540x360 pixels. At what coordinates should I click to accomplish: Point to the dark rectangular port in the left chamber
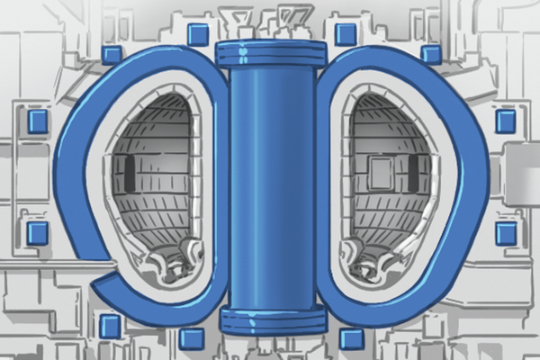click(x=130, y=175)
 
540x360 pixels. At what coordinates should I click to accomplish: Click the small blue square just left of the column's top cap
click(x=197, y=35)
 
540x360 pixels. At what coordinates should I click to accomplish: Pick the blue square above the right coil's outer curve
click(x=431, y=55)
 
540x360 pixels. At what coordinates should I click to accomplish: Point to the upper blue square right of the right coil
click(x=506, y=121)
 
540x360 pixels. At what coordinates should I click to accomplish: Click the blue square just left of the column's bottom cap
click(x=191, y=339)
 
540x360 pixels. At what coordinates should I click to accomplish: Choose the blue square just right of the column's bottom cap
click(x=352, y=339)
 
